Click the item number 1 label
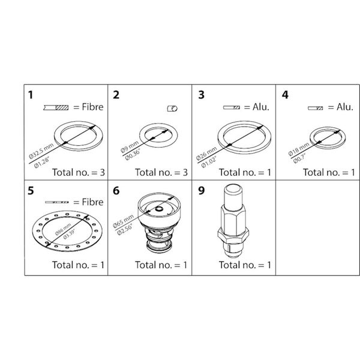31,94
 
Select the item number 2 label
116,94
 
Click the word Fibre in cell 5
89,202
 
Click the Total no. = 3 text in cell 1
78,172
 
